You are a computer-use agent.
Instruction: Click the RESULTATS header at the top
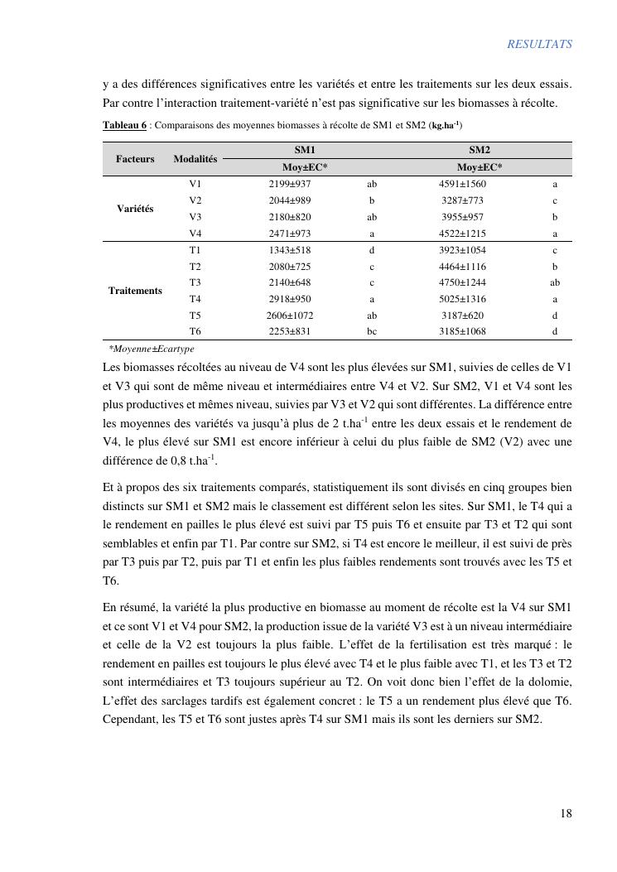539,45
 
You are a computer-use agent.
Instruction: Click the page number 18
566,813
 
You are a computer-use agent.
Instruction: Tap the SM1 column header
305,150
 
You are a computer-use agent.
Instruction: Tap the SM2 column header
480,150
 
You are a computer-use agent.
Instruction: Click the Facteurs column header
135,159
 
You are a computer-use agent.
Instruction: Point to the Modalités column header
195,159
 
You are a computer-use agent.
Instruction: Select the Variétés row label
135,209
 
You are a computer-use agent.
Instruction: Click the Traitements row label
135,291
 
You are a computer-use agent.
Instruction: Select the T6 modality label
195,331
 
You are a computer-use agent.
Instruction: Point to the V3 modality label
195,217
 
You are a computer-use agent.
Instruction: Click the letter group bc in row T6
372,331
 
